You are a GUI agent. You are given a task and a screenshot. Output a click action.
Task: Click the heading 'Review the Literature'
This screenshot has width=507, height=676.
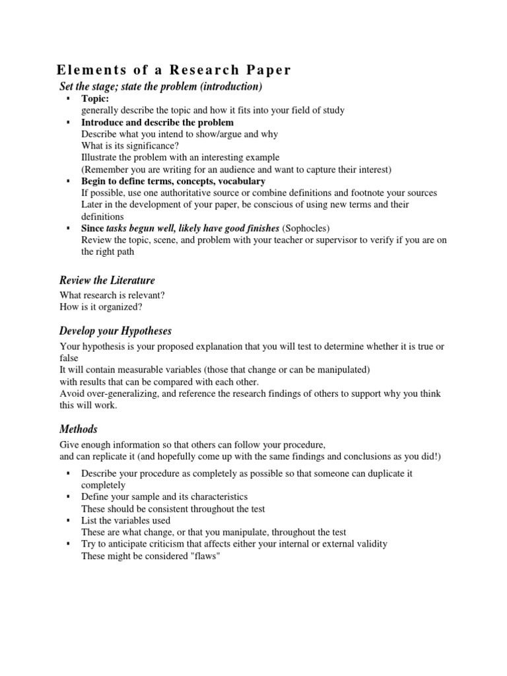107,281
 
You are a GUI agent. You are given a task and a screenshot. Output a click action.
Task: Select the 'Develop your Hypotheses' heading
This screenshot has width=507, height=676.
116,331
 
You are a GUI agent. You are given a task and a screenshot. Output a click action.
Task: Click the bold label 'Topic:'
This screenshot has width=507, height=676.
95,99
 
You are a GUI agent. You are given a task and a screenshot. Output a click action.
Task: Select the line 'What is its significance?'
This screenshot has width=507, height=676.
130,145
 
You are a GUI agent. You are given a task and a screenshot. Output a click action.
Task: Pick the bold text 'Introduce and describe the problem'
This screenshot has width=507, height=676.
157,123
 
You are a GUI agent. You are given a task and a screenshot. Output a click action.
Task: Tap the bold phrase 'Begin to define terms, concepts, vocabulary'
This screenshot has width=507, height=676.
173,181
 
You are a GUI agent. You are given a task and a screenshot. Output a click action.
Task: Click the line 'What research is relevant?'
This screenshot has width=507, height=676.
112,295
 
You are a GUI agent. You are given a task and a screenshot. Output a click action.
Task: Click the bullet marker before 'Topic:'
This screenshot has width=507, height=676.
69,99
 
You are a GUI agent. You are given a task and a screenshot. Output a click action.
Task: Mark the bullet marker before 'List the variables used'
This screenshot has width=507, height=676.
69,520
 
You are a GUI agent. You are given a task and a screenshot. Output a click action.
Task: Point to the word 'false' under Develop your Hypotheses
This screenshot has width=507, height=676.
69,358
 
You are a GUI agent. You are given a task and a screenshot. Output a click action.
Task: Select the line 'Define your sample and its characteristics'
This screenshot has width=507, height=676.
164,496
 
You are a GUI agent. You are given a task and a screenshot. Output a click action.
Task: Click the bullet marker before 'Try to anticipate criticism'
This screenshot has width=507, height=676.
69,544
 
